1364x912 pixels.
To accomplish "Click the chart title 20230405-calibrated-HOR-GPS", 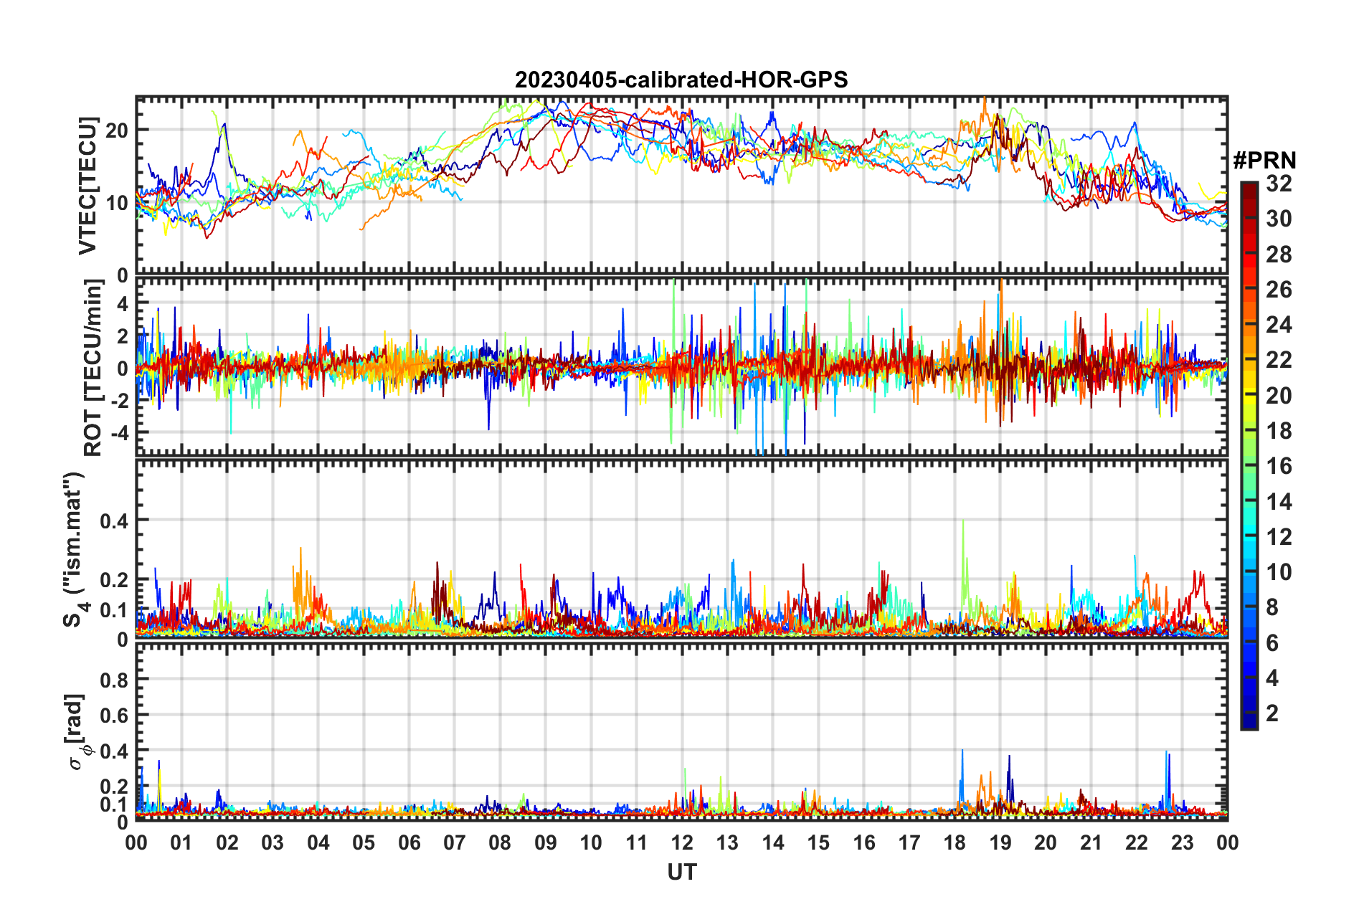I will coord(681,80).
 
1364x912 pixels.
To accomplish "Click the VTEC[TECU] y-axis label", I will coord(87,186).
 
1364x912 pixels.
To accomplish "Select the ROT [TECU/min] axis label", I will coord(93,368).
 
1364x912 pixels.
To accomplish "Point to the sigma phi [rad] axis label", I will coord(78,731).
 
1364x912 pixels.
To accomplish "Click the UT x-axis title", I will coord(681,872).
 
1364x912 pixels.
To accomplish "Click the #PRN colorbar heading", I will coord(1264,161).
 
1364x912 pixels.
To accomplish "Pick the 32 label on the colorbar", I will coord(1279,184).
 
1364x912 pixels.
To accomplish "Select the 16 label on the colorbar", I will coord(1279,467).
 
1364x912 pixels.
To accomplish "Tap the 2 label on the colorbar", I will coord(1272,713).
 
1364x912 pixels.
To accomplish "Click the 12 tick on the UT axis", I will coord(682,842).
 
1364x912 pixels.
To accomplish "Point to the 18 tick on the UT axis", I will coord(955,842).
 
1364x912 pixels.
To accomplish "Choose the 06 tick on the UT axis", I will coord(409,842).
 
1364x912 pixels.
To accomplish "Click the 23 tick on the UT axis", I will coord(1182,842).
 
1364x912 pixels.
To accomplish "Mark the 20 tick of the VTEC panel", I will coord(117,130).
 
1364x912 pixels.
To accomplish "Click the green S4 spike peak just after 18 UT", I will coord(962,521).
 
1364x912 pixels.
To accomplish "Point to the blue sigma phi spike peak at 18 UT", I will coord(962,751).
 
